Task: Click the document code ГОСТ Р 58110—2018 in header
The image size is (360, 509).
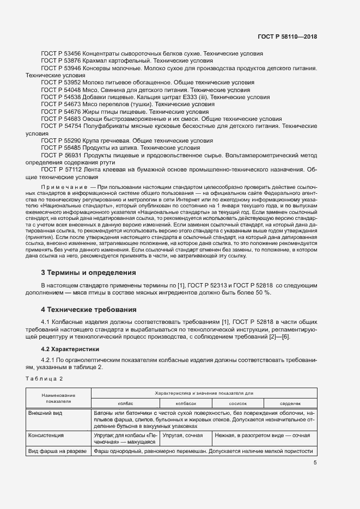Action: (287, 36)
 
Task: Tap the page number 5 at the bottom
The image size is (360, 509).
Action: (315, 463)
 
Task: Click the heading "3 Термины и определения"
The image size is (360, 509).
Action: (89, 272)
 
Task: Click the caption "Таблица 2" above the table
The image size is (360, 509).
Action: (44, 378)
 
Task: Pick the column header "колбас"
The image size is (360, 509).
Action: (125, 403)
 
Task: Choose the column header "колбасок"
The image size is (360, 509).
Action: (186, 403)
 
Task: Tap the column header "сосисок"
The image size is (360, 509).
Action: (238, 403)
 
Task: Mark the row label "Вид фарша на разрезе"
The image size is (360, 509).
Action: (57, 451)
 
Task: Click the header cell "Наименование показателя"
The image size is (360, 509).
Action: (58, 398)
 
